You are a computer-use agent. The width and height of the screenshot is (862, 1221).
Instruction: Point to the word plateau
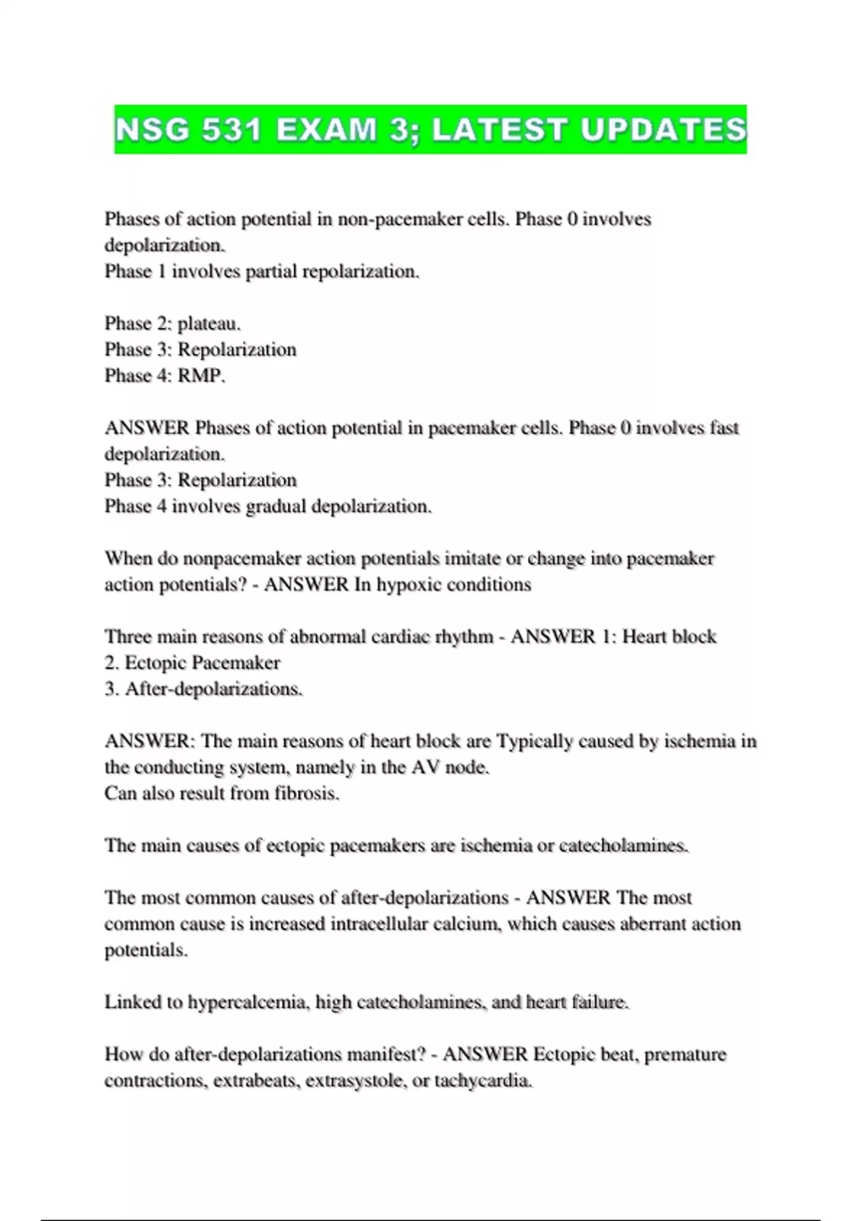click(208, 324)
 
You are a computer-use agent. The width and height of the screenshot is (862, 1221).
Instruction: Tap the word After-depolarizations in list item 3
click(213, 689)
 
